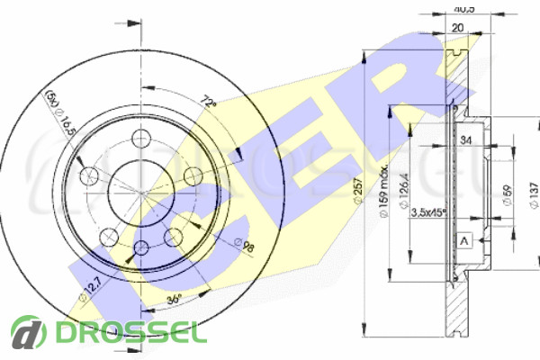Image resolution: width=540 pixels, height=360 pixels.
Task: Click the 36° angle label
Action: click(174, 298)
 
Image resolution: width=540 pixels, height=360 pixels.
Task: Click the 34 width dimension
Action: click(465, 139)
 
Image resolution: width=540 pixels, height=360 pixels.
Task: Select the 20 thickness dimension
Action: click(457, 27)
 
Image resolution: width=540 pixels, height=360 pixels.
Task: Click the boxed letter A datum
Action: click(465, 240)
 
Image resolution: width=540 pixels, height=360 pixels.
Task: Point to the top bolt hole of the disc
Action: click(142, 139)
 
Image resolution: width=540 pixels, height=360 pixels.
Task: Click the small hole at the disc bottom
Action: click(142, 248)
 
